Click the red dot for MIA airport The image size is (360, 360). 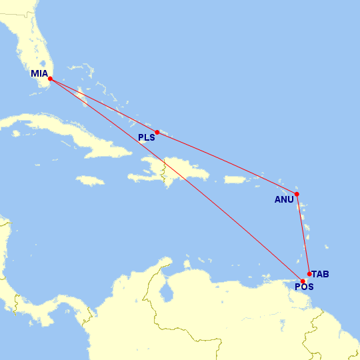(51, 79)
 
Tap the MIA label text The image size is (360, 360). (39, 74)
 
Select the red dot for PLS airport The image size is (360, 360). (157, 132)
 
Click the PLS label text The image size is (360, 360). (146, 138)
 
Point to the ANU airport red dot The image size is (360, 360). (297, 194)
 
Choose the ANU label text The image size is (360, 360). (284, 199)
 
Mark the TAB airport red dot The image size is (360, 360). (309, 273)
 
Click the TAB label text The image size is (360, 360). (320, 274)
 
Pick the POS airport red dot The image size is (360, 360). (303, 281)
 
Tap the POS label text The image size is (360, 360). (304, 287)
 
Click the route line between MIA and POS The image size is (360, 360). (177, 180)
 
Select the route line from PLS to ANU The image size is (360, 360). (227, 163)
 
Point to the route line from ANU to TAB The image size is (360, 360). (303, 233)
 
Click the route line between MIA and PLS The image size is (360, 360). (104, 105)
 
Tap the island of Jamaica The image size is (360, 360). (90, 180)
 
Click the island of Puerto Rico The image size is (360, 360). (235, 179)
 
